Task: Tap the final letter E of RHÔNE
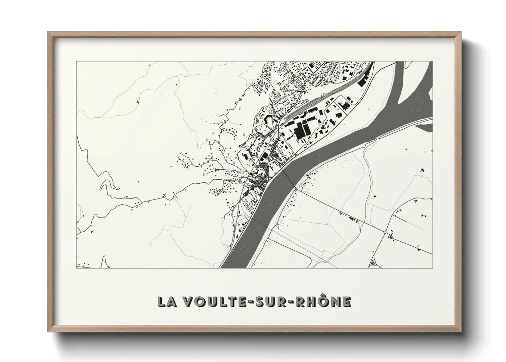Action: point(346,301)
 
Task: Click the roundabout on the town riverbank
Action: point(270,178)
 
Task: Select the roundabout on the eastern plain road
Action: point(385,232)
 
